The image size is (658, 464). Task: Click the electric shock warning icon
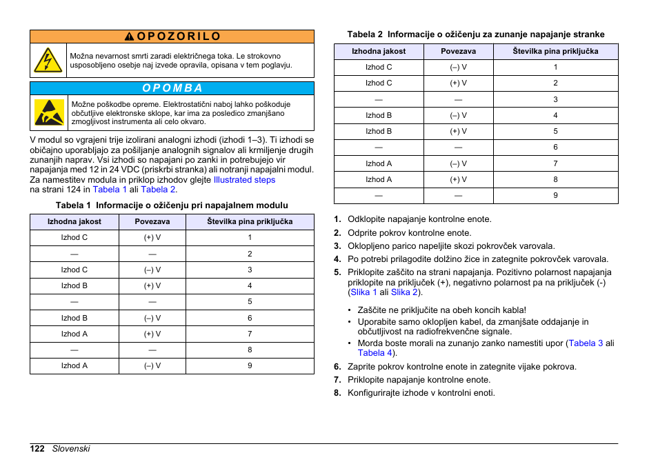pyautogui.click(x=48, y=61)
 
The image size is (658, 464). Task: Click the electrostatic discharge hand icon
pyautogui.click(x=48, y=112)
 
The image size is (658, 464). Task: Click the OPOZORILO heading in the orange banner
pyautogui.click(x=172, y=37)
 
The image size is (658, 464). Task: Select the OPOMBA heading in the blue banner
pyautogui.click(x=172, y=88)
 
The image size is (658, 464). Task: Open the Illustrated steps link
pyautogui.click(x=244, y=179)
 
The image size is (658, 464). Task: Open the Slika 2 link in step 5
pyautogui.click(x=405, y=292)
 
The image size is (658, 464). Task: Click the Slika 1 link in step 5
pyautogui.click(x=364, y=292)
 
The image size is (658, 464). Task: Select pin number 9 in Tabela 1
pyautogui.click(x=250, y=365)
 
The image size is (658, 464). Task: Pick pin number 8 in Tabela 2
pyautogui.click(x=555, y=179)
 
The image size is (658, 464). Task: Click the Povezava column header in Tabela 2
pyautogui.click(x=459, y=51)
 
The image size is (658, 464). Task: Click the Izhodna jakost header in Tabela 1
pyautogui.click(x=74, y=221)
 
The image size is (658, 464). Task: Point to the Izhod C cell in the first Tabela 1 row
pyautogui.click(x=74, y=237)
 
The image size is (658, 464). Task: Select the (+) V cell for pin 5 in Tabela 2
pyautogui.click(x=459, y=131)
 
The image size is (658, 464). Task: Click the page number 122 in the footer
pyautogui.click(x=37, y=448)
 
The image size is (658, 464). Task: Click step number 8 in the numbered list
pyautogui.click(x=337, y=393)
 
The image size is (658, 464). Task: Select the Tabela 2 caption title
pyautogui.click(x=476, y=34)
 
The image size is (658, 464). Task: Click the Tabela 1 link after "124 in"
pyautogui.click(x=110, y=189)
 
